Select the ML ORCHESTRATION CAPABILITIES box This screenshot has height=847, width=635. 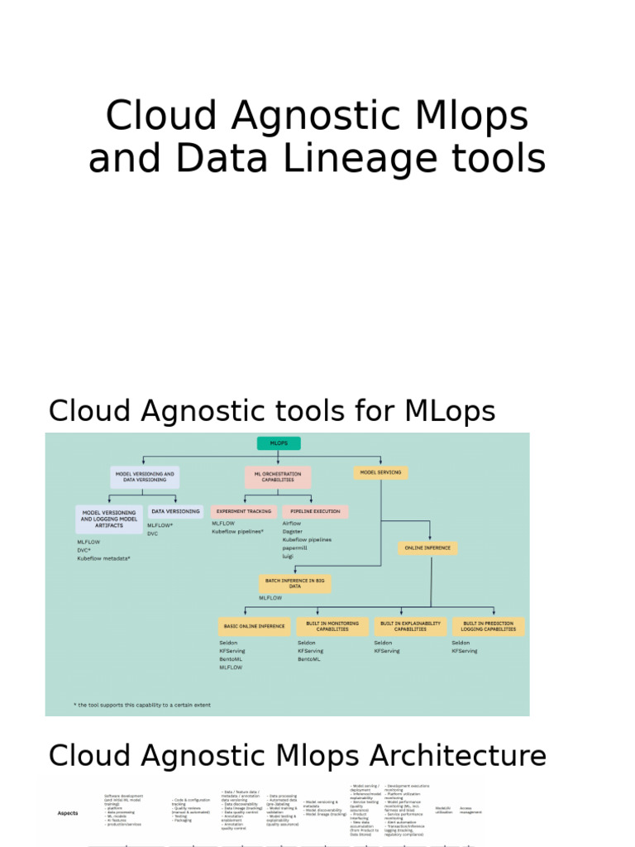[x=277, y=477]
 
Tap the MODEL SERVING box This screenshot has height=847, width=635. [x=380, y=472]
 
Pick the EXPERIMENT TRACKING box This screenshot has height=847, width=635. [x=243, y=512]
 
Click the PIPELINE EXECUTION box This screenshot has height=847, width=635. [x=315, y=512]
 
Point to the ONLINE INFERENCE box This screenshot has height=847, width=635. [x=427, y=548]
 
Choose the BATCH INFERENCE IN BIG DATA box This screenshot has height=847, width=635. [x=295, y=584]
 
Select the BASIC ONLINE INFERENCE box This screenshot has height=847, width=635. [x=254, y=626]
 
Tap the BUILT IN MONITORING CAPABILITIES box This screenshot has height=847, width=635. [x=332, y=626]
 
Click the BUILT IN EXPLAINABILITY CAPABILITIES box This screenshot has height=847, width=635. [x=410, y=626]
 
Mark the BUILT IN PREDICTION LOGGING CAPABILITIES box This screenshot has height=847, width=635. [x=488, y=626]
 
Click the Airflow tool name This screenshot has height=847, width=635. [x=292, y=524]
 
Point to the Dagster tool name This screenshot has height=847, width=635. [x=293, y=532]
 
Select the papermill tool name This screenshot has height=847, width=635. [x=296, y=548]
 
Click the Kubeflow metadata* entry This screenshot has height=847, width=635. [x=104, y=558]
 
